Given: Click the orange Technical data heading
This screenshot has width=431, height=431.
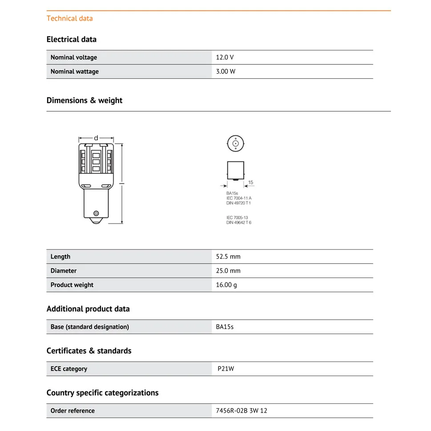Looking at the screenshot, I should tap(69, 18).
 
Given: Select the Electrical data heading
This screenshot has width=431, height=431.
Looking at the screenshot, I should tap(71, 39).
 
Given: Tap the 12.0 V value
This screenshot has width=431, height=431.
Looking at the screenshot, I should tap(225, 57).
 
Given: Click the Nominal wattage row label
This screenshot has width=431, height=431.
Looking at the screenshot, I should tap(74, 72).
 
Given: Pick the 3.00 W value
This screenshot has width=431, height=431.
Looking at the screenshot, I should tap(226, 72).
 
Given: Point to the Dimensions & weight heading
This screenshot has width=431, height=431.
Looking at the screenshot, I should tap(84, 101).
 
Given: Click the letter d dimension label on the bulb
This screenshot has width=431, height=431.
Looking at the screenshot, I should tap(96, 138).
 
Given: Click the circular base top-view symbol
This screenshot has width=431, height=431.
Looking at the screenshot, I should tap(236, 144).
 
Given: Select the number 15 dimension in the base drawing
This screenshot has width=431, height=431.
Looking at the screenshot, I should tap(250, 182).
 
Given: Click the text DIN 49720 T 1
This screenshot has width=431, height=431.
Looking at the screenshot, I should tap(238, 203).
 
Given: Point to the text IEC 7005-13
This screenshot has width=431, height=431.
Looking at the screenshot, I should tap(237, 218).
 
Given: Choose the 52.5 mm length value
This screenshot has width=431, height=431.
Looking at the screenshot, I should tap(228, 257).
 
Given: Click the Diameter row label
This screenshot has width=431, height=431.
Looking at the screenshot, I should tap(63, 271).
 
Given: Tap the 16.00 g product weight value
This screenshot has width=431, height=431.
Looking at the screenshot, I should tap(226, 285).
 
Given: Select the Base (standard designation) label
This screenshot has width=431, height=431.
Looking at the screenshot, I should tap(89, 327).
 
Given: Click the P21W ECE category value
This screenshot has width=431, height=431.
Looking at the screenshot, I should tap(226, 369).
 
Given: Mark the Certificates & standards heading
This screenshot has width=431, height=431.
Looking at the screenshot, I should tap(89, 351).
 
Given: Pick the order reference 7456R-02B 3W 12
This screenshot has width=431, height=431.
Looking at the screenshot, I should tap(242, 411).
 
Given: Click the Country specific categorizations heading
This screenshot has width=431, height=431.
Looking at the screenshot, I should tap(102, 393).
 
